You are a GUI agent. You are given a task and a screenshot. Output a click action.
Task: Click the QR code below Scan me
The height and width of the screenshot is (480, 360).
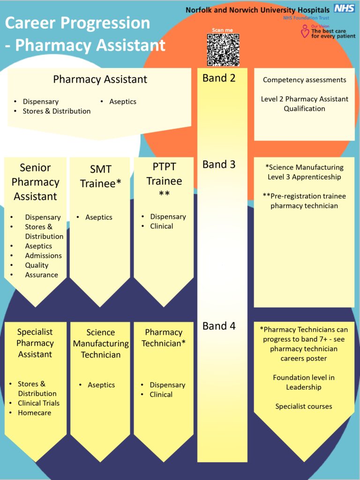223,50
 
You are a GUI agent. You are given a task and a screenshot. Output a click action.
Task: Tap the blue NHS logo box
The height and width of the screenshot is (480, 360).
344,8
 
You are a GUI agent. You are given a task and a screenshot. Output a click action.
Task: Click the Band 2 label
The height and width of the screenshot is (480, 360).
219,78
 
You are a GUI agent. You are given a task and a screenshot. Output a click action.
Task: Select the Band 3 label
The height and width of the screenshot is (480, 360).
219,165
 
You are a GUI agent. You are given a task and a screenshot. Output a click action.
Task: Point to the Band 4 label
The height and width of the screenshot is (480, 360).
219,326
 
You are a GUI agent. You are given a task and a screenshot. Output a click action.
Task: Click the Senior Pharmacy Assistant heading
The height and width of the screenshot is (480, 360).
35,182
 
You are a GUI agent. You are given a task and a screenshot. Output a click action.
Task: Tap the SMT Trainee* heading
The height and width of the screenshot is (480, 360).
100,176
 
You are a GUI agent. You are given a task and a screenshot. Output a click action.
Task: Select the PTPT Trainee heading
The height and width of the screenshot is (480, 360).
164,180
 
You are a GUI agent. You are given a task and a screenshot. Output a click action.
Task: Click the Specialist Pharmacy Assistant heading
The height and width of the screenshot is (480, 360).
35,343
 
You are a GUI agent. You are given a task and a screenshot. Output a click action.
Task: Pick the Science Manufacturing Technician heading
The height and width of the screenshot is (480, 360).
101,344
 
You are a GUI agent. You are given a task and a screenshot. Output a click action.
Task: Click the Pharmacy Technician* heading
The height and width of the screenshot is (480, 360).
164,338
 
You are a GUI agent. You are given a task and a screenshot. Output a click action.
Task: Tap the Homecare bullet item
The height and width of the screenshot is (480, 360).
35,413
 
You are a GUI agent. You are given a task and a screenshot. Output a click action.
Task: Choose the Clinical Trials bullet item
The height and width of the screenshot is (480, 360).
38,403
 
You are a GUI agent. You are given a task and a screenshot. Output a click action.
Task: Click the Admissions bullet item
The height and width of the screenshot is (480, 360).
43,255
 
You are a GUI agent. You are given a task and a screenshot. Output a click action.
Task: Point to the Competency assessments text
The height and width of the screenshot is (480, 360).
304,80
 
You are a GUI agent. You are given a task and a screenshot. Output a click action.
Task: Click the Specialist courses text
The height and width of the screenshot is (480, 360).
304,406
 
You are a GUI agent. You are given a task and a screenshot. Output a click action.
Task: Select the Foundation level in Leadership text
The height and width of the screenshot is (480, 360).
304,382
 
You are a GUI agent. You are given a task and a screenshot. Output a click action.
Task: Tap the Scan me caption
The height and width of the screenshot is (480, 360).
222,30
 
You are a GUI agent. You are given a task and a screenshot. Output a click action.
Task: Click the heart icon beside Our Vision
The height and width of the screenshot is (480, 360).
305,32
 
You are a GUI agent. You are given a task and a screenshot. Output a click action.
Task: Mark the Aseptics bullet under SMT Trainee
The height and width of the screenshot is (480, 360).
99,217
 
